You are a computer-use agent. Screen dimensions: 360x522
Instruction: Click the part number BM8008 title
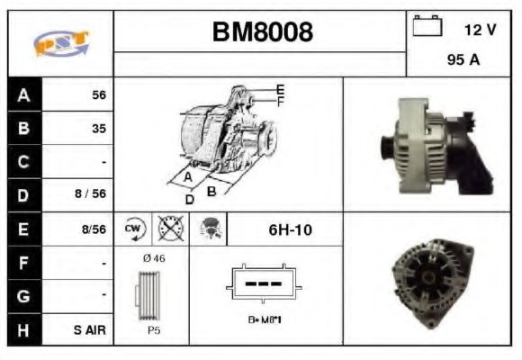[x=263, y=33]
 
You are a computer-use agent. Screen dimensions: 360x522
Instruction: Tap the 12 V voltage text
[x=480, y=30]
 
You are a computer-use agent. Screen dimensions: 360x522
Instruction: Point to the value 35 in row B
[x=99, y=129]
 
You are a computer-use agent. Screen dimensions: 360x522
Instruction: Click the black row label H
[x=24, y=330]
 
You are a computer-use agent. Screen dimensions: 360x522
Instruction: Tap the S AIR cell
[x=90, y=330]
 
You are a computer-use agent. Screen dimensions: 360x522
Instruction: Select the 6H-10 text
[x=289, y=230]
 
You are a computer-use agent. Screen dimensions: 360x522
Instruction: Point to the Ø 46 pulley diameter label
[x=154, y=258]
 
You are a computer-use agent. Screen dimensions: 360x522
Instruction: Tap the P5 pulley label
[x=153, y=331]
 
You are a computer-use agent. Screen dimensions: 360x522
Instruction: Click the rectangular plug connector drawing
[x=265, y=283]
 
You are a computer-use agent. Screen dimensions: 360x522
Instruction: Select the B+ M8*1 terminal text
[x=265, y=319]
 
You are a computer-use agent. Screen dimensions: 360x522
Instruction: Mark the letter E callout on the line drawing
[x=281, y=89]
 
